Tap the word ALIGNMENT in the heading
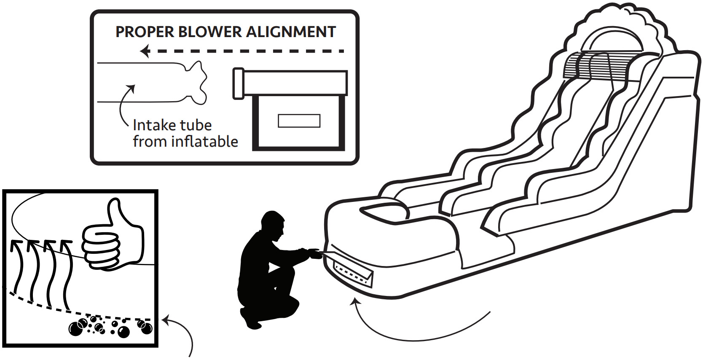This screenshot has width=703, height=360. [x=290, y=32]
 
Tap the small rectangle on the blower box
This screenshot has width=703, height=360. [x=299, y=121]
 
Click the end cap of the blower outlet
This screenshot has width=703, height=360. [x=239, y=83]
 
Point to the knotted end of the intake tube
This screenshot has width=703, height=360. [x=196, y=82]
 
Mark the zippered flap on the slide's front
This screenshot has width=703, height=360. [x=352, y=273]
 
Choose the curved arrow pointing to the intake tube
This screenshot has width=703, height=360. [x=123, y=105]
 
